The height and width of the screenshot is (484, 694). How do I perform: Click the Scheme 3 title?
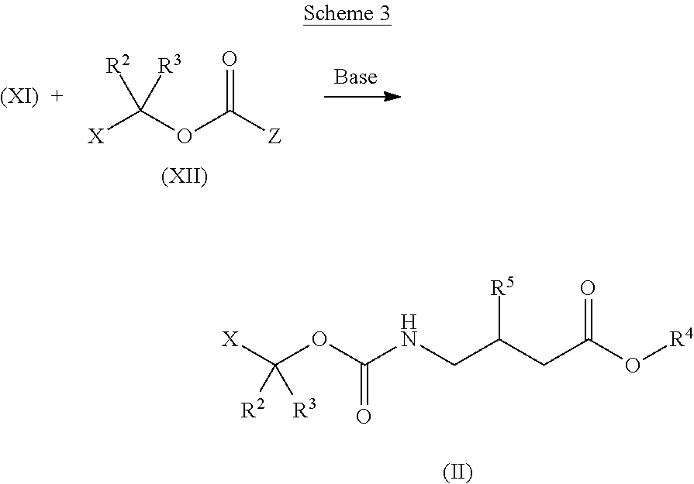click(347, 13)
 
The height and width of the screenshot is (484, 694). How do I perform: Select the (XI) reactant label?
click(19, 96)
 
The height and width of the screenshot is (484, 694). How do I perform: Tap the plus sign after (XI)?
click(57, 96)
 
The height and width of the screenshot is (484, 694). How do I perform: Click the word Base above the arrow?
click(355, 77)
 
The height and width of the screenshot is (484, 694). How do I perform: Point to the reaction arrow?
click(362, 96)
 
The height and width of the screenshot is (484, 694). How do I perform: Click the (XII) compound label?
click(184, 177)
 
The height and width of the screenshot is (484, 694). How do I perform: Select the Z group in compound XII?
click(274, 136)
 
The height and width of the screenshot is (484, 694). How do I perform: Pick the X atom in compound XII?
click(95, 136)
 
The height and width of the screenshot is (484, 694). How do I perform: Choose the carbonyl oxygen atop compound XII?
click(230, 59)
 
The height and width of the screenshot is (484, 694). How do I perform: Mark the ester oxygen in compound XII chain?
click(185, 136)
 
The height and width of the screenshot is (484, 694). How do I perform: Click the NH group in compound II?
click(408, 331)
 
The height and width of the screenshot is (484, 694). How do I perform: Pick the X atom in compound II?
click(230, 339)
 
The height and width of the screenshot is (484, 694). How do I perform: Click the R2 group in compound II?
click(253, 410)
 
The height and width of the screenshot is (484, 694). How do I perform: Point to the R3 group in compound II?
click(305, 410)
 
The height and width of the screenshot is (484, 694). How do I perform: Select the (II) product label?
click(457, 472)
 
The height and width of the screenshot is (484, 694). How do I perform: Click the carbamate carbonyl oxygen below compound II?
click(364, 417)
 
